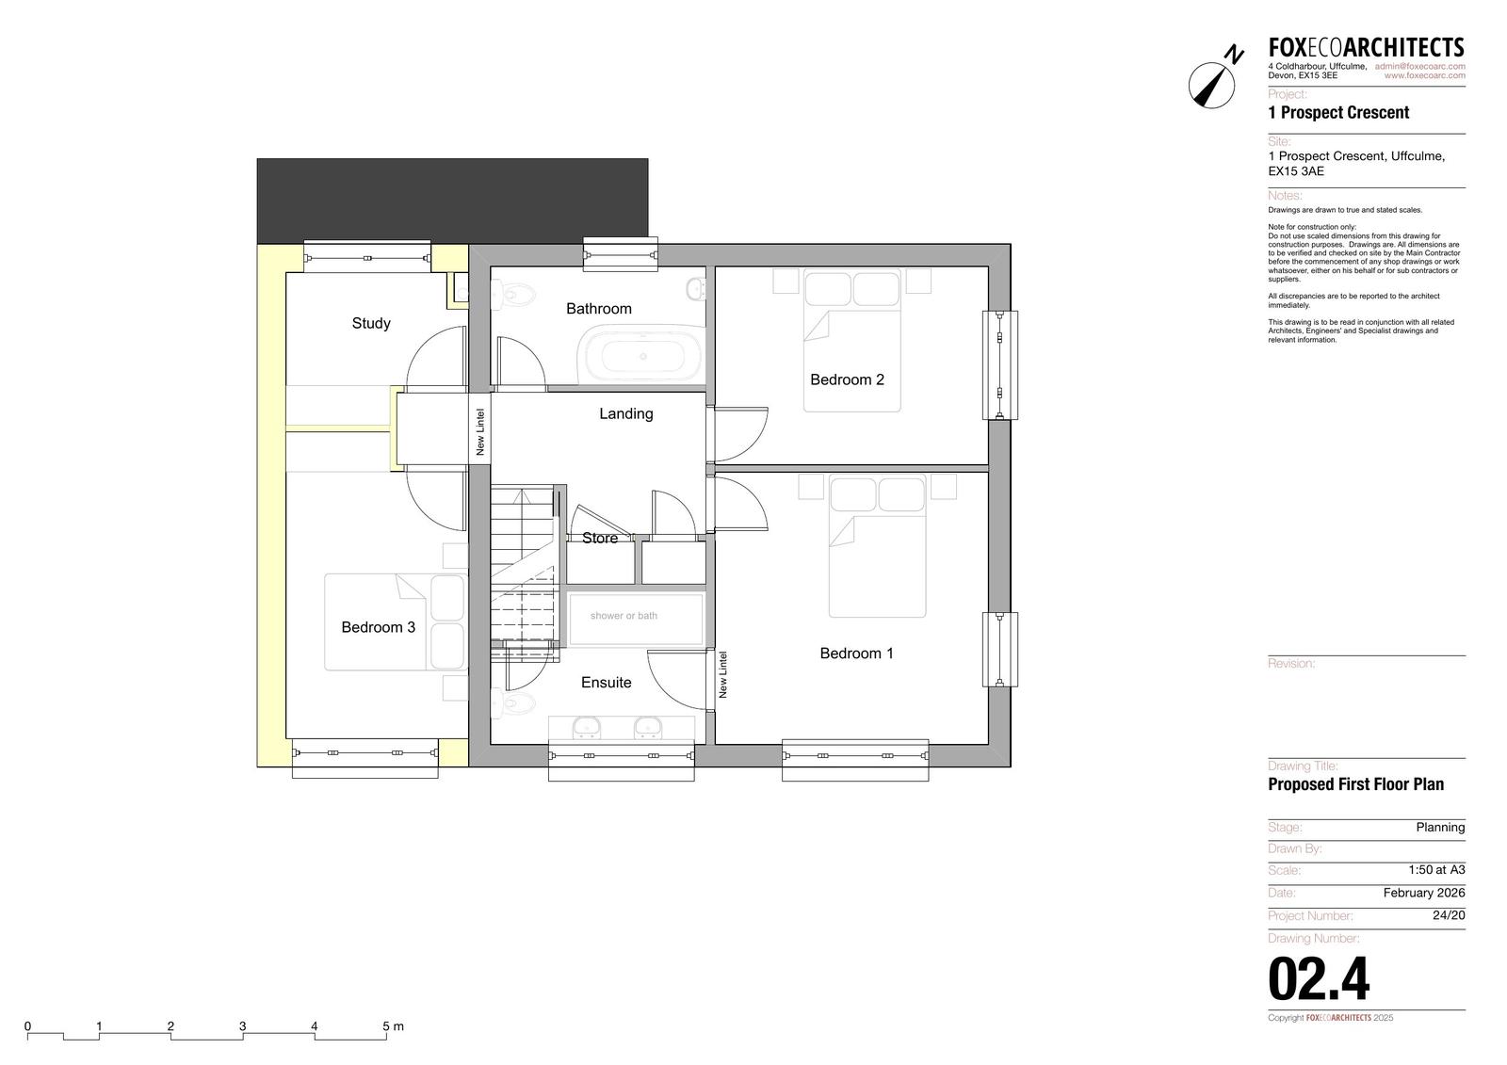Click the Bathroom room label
[599, 309]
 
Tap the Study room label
[371, 324]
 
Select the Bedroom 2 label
[847, 379]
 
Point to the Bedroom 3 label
[378, 627]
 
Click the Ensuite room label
[607, 682]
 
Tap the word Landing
[625, 413]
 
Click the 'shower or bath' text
[624, 616]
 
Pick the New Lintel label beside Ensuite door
[723, 674]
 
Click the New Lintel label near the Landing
[480, 432]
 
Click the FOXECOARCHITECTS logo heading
[1367, 48]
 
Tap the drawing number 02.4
[1319, 979]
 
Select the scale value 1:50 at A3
[1436, 869]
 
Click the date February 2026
[1423, 893]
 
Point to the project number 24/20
[1449, 915]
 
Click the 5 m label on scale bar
[393, 1026]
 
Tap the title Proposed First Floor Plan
[1355, 784]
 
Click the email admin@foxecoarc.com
[1419, 66]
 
